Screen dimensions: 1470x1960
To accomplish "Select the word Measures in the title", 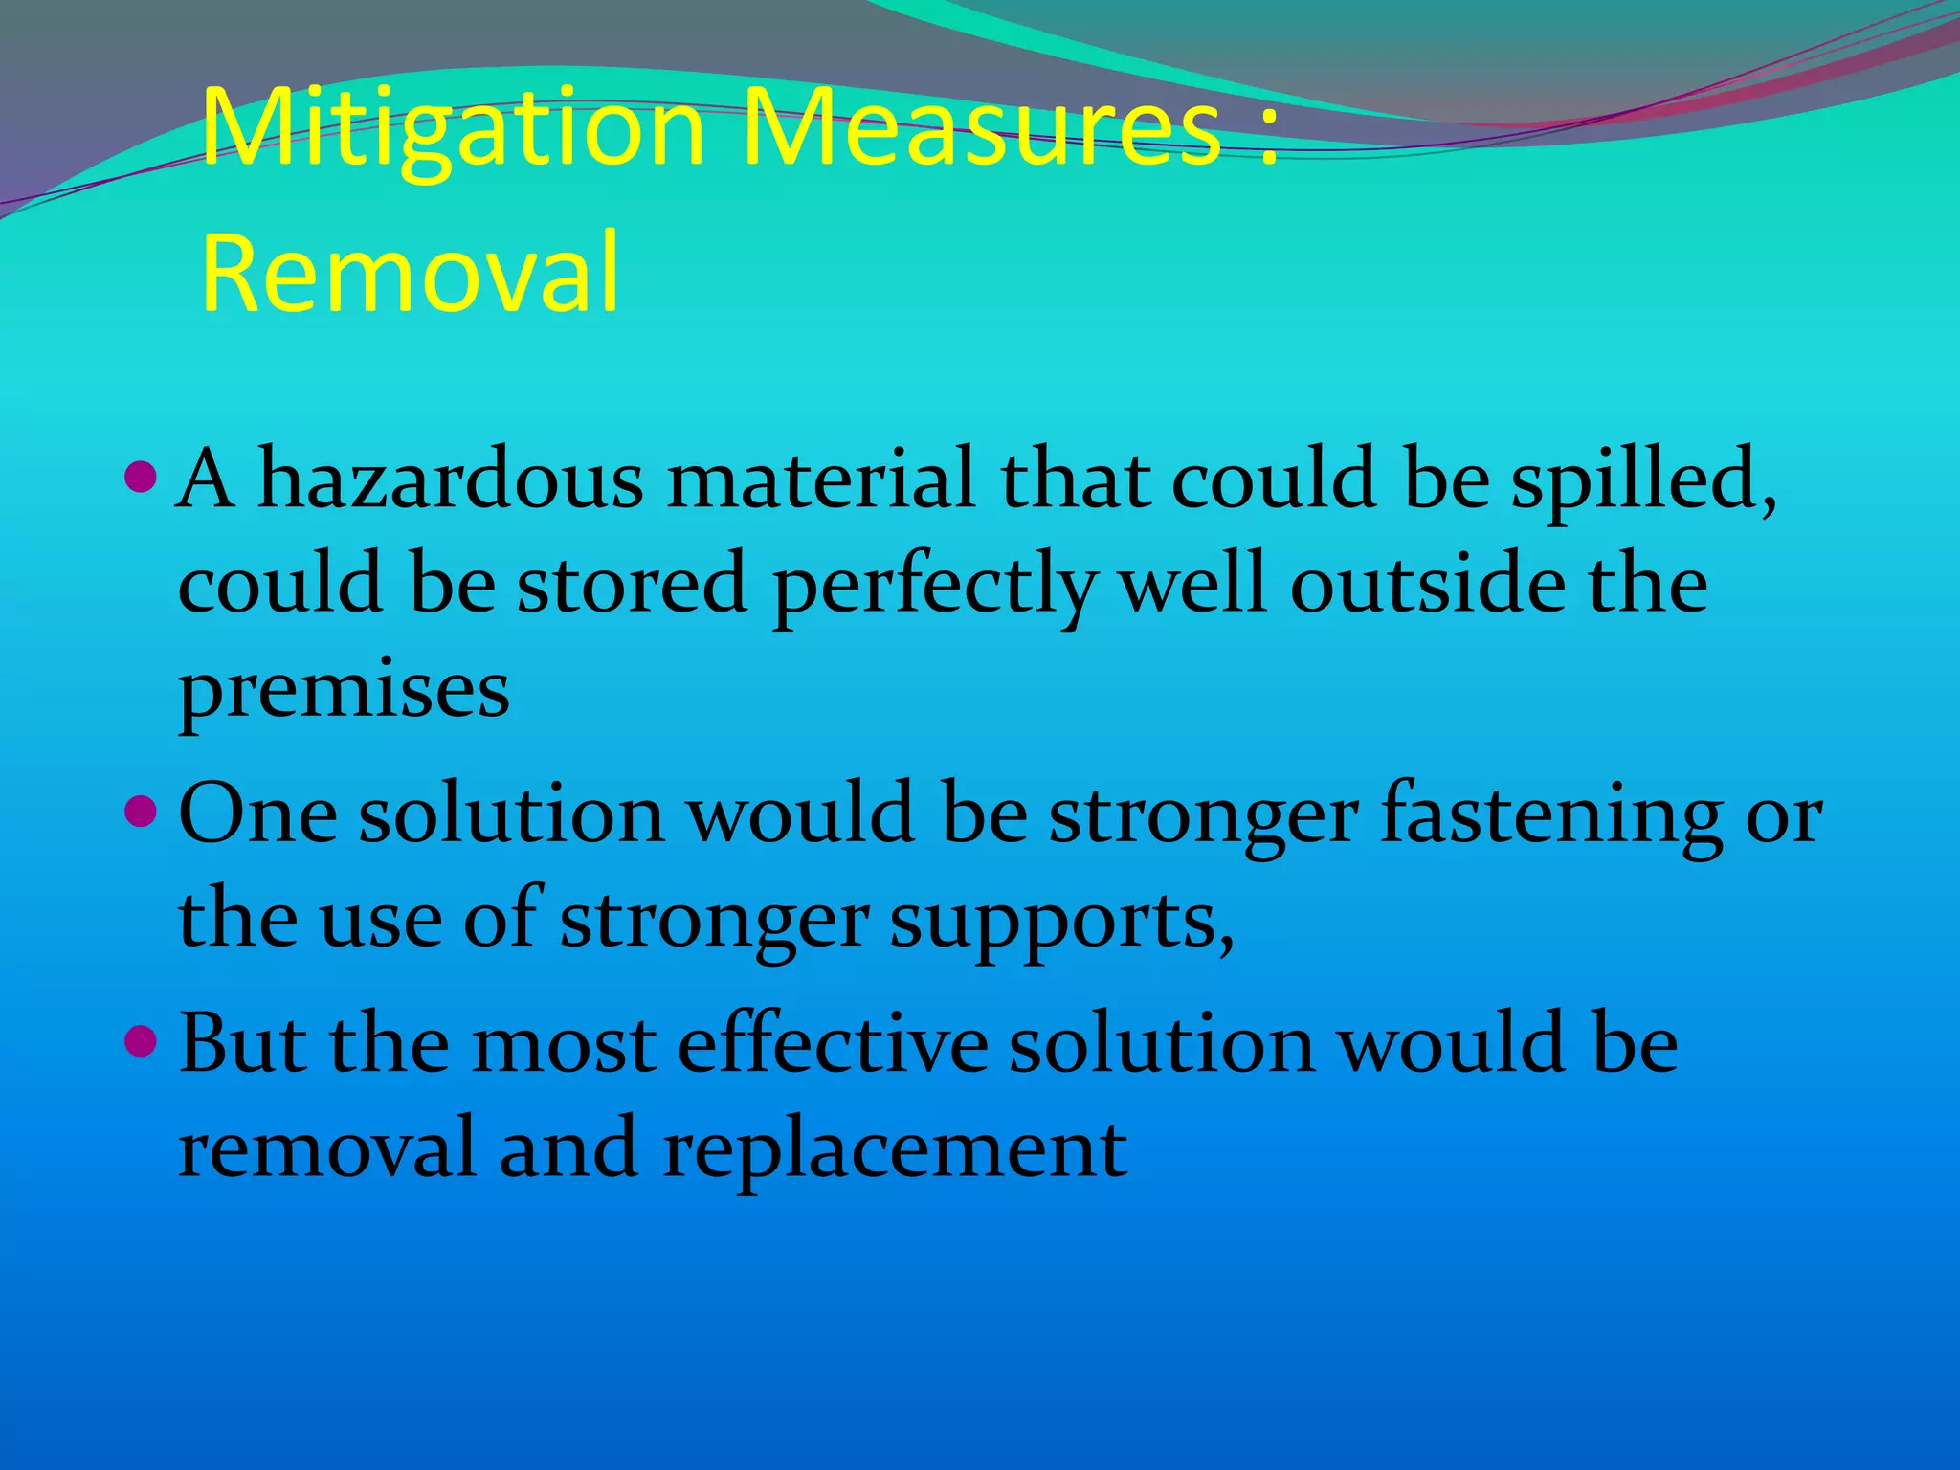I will pyautogui.click(x=981, y=129).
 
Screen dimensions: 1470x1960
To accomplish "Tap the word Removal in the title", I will pyautogui.click(x=411, y=273).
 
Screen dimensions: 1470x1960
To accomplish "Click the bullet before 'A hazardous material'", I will pyautogui.click(x=141, y=475).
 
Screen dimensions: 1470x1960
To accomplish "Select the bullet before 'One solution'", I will pyautogui.click(x=141, y=812).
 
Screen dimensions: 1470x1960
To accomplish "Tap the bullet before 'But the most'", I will pyautogui.click(x=141, y=1040).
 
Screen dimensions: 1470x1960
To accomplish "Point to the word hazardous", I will pyautogui.click(x=451, y=479).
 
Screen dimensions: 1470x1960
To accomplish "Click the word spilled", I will pyautogui.click(x=1642, y=479).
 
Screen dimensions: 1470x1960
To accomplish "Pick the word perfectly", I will pyautogui.click(x=933, y=586).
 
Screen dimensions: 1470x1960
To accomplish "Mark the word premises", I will pyautogui.click(x=344, y=691).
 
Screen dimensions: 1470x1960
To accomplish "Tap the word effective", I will pyautogui.click(x=833, y=1043).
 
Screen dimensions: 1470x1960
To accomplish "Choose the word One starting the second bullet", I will pyautogui.click(x=257, y=813).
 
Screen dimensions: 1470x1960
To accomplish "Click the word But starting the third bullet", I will pyautogui.click(x=243, y=1043).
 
